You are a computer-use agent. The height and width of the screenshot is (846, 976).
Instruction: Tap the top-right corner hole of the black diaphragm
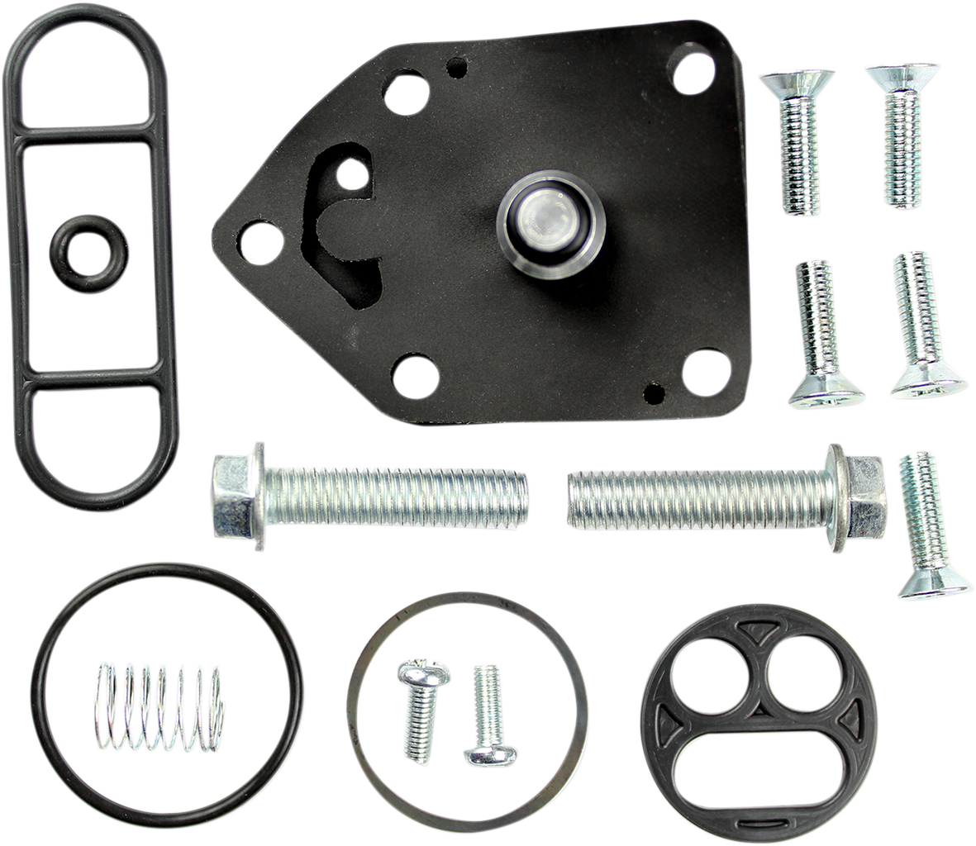pos(693,74)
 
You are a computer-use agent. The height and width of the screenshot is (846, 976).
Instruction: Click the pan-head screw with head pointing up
pos(421,706)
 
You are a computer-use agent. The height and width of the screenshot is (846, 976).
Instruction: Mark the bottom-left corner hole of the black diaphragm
pos(415,376)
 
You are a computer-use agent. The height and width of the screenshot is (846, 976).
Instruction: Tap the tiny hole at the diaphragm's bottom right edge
pos(654,392)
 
